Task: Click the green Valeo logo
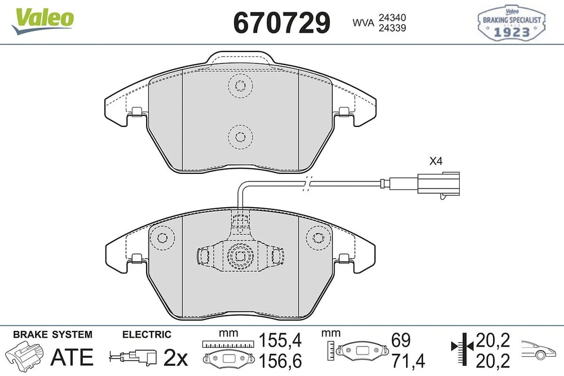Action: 42,21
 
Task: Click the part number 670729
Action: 281,23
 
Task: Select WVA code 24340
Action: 392,18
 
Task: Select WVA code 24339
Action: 392,28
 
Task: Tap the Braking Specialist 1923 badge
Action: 511,23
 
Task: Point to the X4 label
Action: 435,161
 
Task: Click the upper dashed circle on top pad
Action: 240,86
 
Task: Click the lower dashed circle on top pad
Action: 240,137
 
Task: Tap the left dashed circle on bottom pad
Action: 162,238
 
